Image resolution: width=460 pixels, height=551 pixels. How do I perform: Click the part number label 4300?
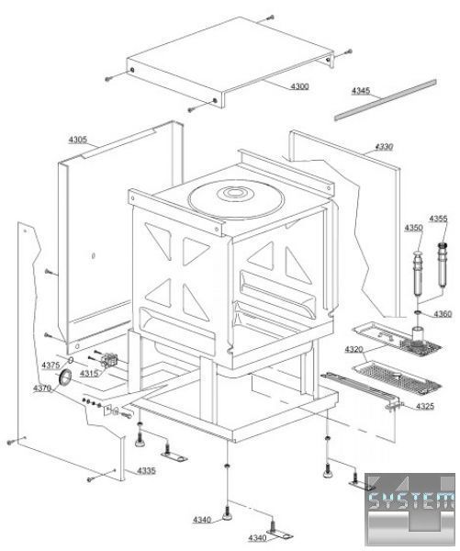click(x=299, y=86)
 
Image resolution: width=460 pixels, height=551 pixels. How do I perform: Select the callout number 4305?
click(x=78, y=140)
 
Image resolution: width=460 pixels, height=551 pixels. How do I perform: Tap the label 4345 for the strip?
click(x=361, y=91)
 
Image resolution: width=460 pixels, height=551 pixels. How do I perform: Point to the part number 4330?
click(x=384, y=147)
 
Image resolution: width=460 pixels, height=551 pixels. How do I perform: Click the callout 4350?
click(x=413, y=228)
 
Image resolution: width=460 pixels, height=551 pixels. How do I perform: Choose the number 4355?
click(x=438, y=219)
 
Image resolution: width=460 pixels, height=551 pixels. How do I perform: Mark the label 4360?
click(x=443, y=314)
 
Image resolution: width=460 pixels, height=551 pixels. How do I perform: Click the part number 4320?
click(x=353, y=349)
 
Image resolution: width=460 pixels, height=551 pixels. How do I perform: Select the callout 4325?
click(x=425, y=407)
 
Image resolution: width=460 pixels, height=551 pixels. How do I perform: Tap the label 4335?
click(x=146, y=470)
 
